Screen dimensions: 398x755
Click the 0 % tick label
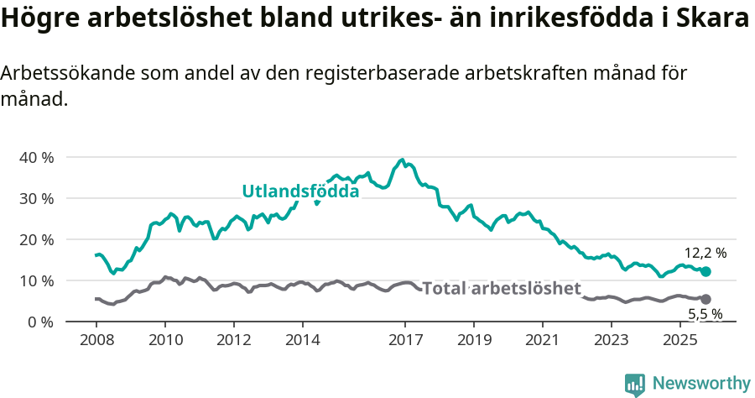[x=39, y=322]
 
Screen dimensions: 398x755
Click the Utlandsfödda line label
[x=300, y=191]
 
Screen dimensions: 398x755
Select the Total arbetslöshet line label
[x=501, y=289]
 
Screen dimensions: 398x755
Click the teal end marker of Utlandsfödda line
[x=706, y=271]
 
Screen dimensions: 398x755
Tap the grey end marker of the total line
[x=706, y=299]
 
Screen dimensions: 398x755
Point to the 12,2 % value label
[x=705, y=253]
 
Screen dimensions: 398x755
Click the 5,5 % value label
[x=705, y=315]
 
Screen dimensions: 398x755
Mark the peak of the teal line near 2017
[x=403, y=160]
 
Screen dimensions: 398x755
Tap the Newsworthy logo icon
[x=635, y=385]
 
